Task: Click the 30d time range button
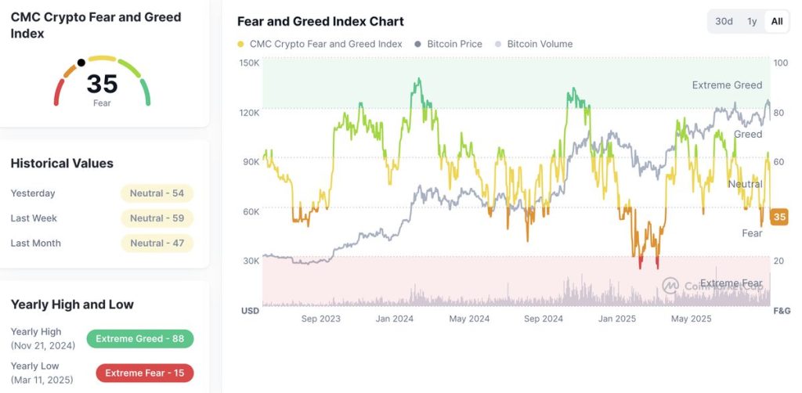tap(724, 21)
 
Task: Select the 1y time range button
tap(752, 21)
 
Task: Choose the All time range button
tap(776, 21)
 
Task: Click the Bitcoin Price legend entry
tap(453, 44)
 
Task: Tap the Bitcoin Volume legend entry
tap(539, 44)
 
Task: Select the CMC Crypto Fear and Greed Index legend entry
tap(325, 44)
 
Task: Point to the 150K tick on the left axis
tap(249, 63)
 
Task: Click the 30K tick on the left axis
tap(250, 261)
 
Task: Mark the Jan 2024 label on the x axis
tap(395, 319)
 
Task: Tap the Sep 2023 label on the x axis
tap(321, 319)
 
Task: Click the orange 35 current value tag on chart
tap(779, 217)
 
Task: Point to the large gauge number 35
tap(102, 84)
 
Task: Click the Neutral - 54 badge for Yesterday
tap(157, 193)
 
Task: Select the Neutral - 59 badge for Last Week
tap(157, 218)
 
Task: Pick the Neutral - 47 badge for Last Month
tap(157, 243)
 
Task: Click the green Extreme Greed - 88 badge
tap(139, 339)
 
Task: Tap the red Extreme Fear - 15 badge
tap(144, 373)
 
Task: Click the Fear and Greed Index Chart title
tap(320, 21)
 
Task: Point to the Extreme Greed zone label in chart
tap(727, 85)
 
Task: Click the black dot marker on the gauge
tap(81, 63)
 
